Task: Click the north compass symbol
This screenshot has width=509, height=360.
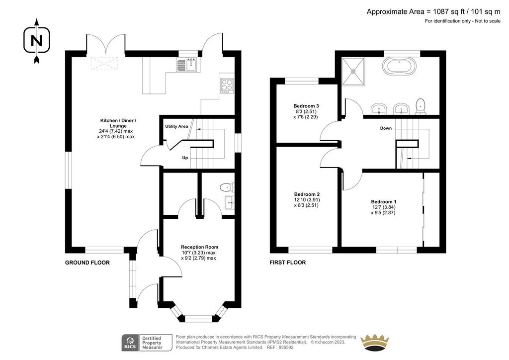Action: point(37,41)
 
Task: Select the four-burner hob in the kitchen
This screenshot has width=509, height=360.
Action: point(227,86)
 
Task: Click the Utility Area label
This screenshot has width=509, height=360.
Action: point(176,126)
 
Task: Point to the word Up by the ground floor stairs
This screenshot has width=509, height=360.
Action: point(185,158)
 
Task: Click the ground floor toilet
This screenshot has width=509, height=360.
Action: point(227,187)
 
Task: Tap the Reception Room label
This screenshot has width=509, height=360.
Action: point(200,247)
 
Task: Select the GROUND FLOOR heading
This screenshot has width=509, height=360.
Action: point(87,263)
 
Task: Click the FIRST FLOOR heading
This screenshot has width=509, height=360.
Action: point(288,263)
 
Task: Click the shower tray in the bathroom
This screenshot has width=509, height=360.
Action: point(353,72)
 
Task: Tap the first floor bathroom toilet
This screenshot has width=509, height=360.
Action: point(421,106)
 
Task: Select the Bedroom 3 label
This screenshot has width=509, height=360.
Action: point(306,106)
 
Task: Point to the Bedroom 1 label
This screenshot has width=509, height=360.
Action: point(384,201)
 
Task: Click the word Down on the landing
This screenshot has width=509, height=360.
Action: point(386,128)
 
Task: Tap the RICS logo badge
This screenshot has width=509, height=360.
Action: point(147,343)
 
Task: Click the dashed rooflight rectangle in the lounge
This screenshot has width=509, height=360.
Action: point(104,63)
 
